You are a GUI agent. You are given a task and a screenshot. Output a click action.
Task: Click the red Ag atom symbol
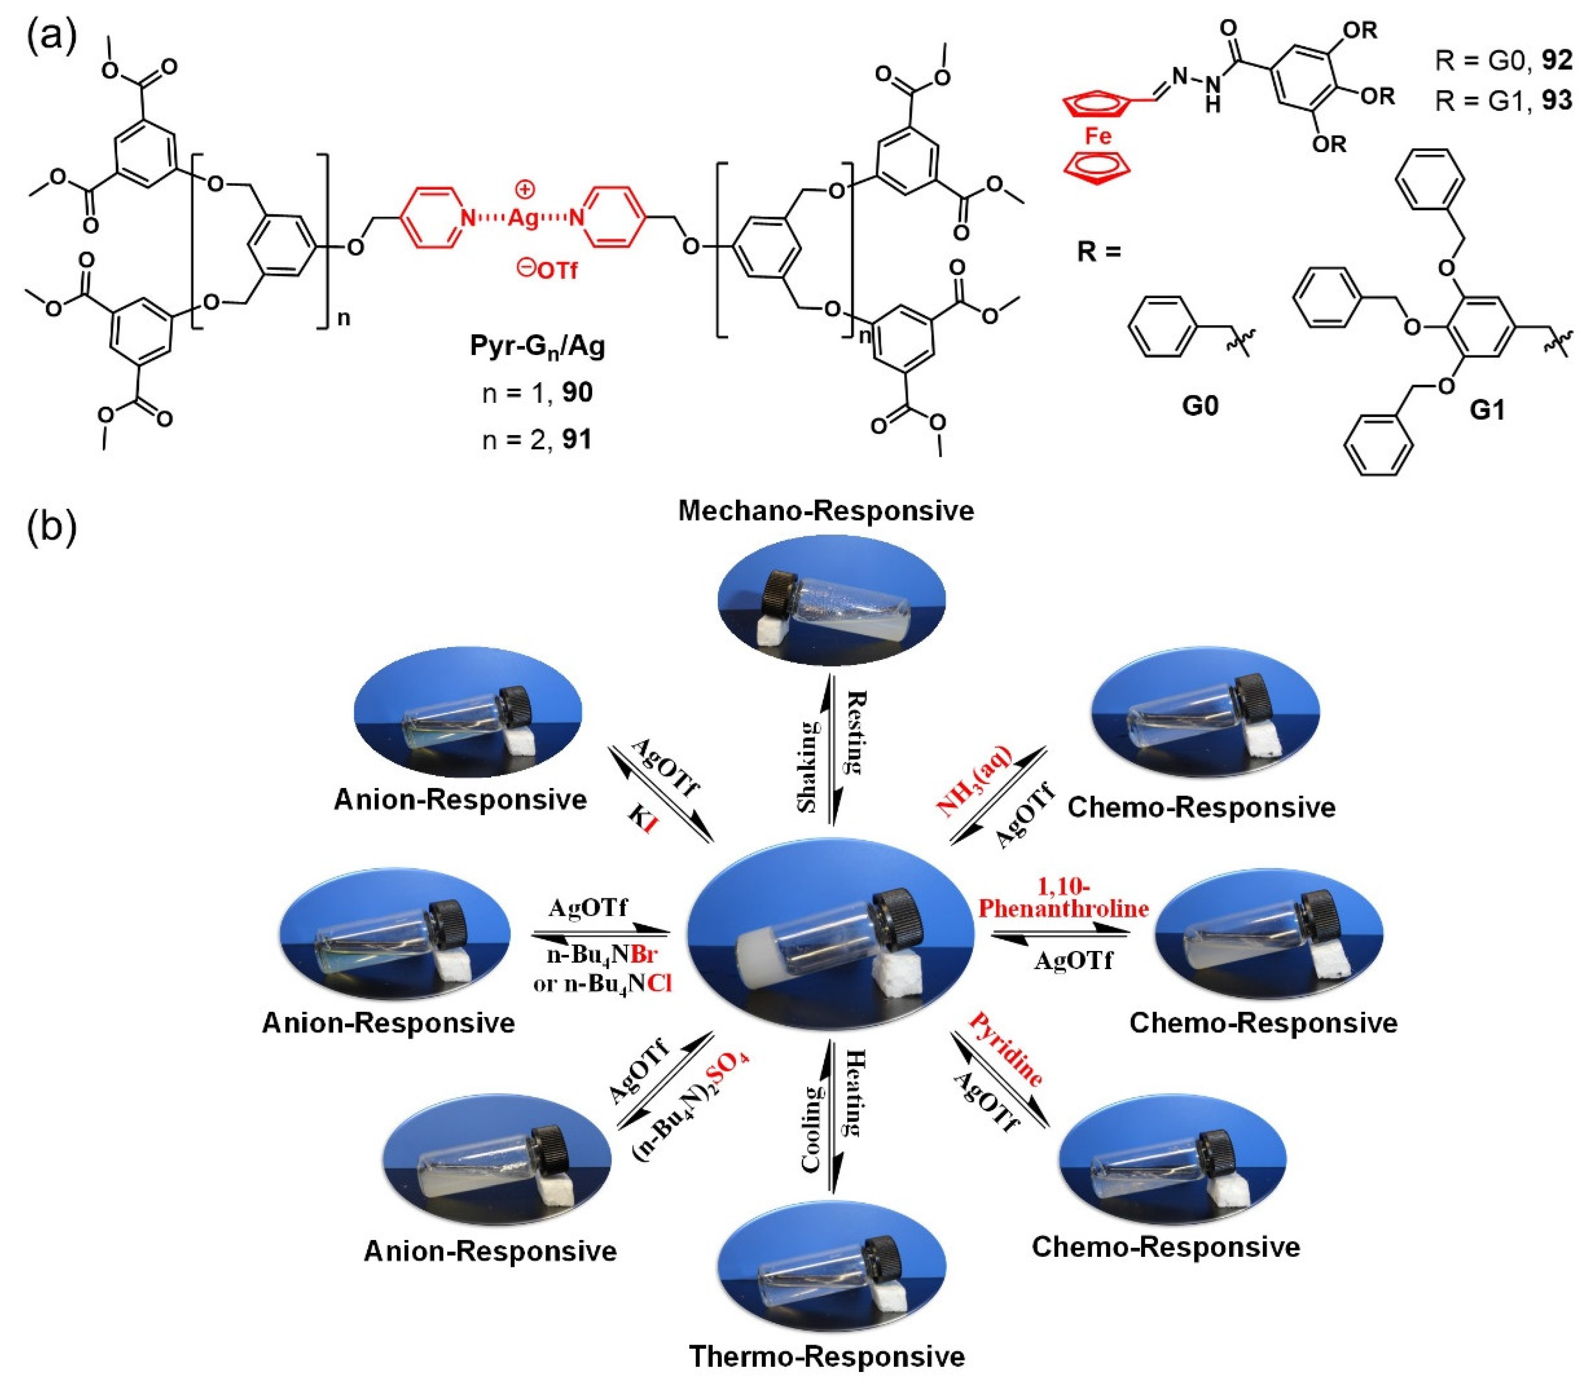tap(524, 218)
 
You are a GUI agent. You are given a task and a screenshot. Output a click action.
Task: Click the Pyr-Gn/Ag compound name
tap(538, 346)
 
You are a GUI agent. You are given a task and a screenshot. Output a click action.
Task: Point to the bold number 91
tap(577, 439)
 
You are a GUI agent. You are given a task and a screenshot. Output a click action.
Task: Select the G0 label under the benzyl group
tap(1200, 404)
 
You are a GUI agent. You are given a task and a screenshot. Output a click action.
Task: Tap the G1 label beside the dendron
tap(1487, 411)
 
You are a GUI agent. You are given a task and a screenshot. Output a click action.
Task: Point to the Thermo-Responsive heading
tap(826, 1355)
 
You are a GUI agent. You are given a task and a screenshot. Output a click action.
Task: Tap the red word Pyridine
tap(1006, 1050)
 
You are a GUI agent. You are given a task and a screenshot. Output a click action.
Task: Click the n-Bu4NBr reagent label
tap(602, 956)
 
